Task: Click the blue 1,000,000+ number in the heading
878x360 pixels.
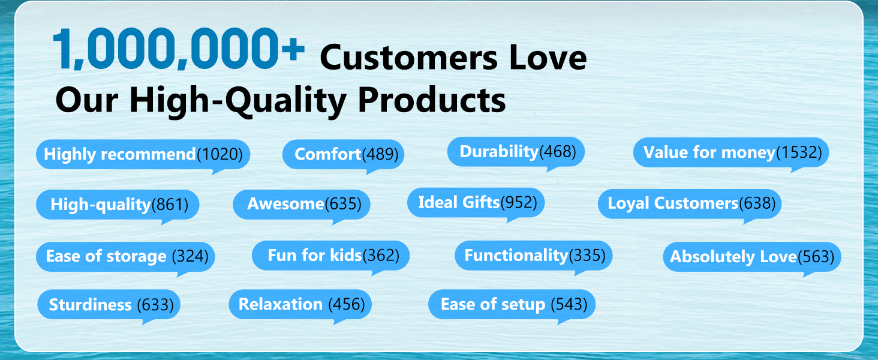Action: tap(179, 49)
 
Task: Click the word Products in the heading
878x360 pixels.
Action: tap(432, 100)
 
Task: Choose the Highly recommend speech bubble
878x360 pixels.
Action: tap(143, 155)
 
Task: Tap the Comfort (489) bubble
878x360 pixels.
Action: tap(344, 155)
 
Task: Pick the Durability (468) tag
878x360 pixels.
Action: tap(516, 152)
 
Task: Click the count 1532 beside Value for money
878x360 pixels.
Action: tap(799, 152)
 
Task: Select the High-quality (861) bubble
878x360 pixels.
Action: tap(118, 205)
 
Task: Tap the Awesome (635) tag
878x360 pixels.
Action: tap(302, 205)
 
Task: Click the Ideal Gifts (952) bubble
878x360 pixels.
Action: tap(476, 203)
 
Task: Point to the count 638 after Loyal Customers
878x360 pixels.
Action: tap(757, 203)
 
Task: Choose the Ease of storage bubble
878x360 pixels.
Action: tap(125, 257)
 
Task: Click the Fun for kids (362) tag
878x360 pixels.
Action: tap(331, 256)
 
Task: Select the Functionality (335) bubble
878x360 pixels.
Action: tap(534, 256)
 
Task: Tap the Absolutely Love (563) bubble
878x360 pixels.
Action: tap(752, 257)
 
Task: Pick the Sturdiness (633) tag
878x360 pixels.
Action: tap(109, 305)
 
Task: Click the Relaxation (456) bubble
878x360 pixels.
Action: tap(300, 305)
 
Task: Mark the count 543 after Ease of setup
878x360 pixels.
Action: tap(569, 305)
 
